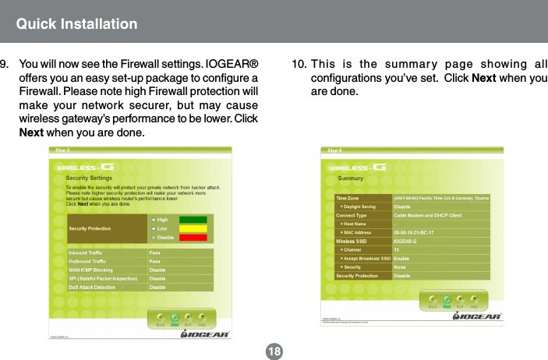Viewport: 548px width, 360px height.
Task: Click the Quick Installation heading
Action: coord(77,23)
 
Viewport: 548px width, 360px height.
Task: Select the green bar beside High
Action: coord(193,220)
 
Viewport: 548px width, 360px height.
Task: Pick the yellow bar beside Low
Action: coord(193,228)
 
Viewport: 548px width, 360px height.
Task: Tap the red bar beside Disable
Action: coord(193,238)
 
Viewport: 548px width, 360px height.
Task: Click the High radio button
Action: coord(154,220)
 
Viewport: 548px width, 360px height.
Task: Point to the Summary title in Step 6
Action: coord(351,178)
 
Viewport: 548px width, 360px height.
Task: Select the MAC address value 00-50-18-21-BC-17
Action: coord(414,232)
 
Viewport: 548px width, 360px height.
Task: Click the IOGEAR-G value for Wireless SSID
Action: coord(406,241)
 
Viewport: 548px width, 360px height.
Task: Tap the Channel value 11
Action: coord(397,249)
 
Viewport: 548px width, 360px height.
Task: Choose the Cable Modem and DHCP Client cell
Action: coord(428,215)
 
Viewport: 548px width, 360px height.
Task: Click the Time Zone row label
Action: coord(348,198)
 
